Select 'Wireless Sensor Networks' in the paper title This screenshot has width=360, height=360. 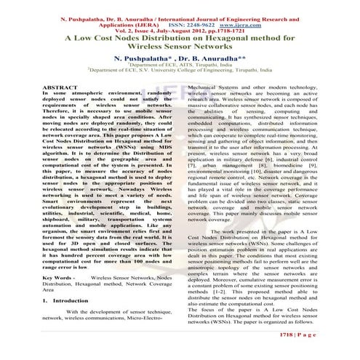click(180, 45)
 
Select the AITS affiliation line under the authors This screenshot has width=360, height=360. click(180, 64)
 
